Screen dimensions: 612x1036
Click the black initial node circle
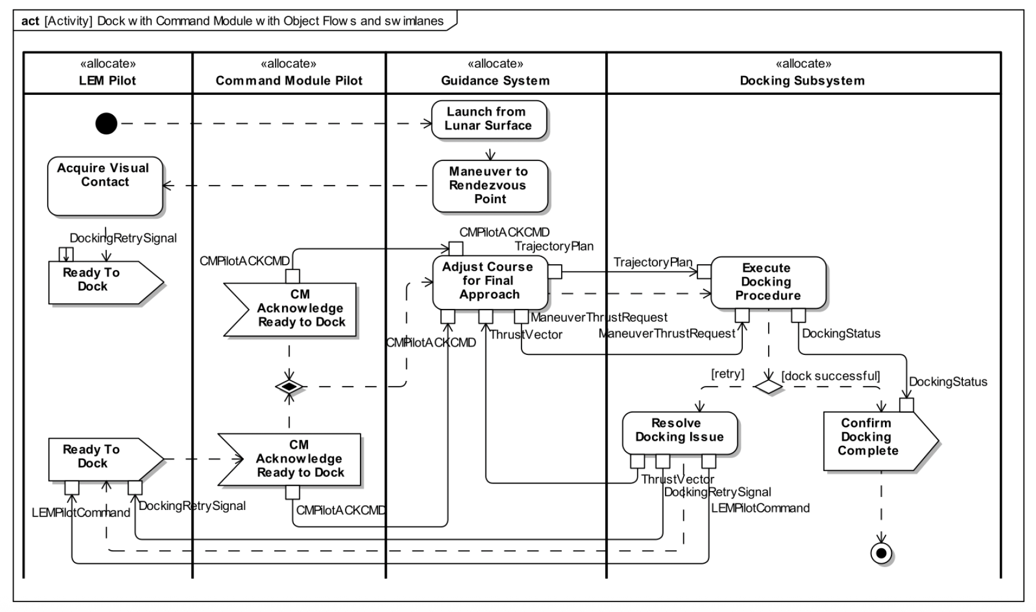click(106, 123)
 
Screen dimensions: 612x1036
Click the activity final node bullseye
click(881, 553)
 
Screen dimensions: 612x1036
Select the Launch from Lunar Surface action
click(489, 119)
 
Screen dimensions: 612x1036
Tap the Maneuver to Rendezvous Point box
click(490, 186)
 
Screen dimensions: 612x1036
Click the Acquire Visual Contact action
click(104, 185)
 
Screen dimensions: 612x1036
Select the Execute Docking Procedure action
click(768, 282)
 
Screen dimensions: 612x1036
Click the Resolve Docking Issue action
click(679, 432)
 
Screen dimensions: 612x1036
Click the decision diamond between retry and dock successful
click(768, 387)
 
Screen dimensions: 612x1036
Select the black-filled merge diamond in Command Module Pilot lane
click(289, 387)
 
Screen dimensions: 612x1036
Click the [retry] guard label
click(727, 374)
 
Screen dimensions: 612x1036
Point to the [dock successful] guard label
click(830, 376)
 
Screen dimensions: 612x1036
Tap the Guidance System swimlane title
click(495, 81)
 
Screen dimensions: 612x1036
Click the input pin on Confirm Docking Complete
click(906, 405)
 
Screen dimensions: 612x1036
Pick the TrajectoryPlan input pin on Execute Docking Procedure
click(704, 271)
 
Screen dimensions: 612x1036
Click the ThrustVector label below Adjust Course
click(526, 335)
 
